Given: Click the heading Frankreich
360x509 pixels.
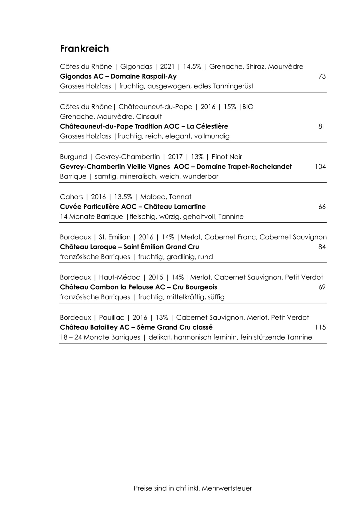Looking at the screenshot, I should (85, 49).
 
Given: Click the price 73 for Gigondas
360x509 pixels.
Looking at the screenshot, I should (322, 77).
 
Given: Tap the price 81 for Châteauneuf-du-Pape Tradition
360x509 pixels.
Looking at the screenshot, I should (322, 127).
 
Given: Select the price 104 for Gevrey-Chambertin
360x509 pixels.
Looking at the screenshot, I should (320, 167).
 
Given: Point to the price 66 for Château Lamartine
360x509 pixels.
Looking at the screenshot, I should (322, 207).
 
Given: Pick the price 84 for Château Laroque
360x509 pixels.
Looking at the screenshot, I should (322, 247).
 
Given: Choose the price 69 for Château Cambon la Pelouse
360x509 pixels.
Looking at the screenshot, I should (322, 287).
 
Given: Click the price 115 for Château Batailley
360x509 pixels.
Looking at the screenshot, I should (320, 328).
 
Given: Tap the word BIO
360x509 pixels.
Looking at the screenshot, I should (248, 107).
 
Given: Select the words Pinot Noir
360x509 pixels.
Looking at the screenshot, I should (227, 157).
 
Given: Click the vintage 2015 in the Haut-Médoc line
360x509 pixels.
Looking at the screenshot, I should (156, 277).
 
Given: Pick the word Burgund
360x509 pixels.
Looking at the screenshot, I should (73, 157).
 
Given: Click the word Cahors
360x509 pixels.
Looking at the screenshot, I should (72, 197).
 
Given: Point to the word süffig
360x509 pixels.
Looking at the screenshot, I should (216, 297).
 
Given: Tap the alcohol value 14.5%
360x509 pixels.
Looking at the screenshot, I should (192, 67).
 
